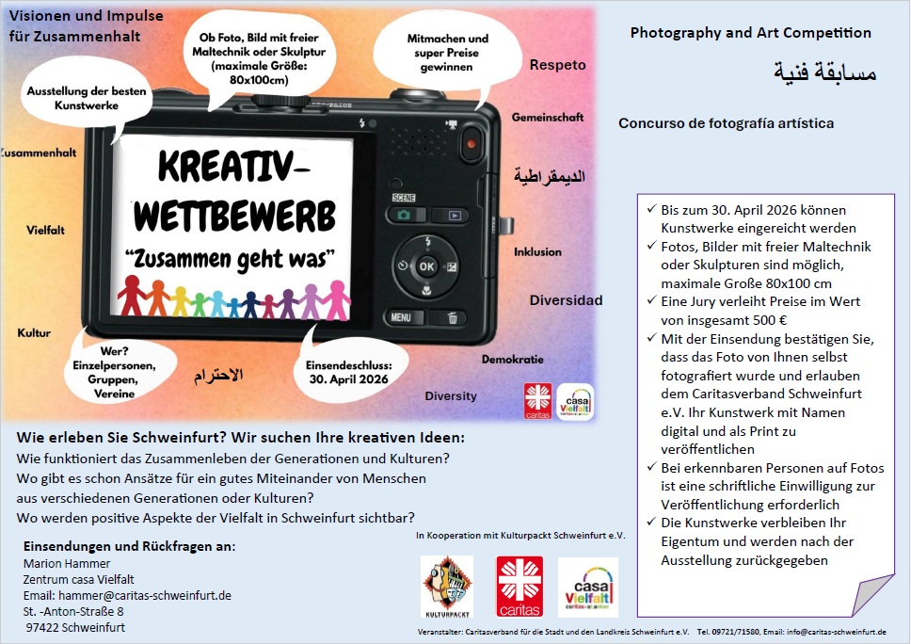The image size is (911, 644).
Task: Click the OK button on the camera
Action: pos(427,266)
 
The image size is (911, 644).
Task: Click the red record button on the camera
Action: pos(471,143)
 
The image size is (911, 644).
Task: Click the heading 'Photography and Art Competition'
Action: pos(750,33)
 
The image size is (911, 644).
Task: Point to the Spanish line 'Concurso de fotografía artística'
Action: pos(726,123)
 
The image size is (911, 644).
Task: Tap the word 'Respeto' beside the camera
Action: pos(557,65)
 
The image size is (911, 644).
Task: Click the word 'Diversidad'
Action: pos(566,300)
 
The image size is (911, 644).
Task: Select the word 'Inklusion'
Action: pos(537,252)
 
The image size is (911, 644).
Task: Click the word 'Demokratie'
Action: pos(512,360)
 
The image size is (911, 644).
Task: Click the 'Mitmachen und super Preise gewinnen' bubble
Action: pos(447,53)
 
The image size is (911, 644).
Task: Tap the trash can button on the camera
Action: pos(453,318)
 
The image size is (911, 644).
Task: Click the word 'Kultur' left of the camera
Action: pos(34,333)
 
